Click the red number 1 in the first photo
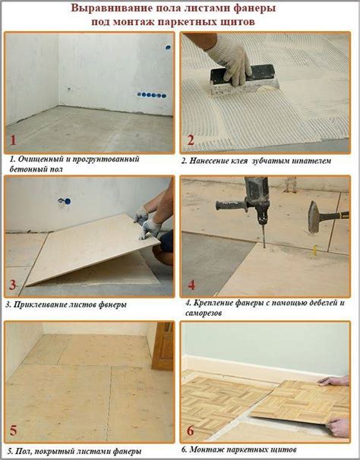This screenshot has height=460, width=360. click(13, 140)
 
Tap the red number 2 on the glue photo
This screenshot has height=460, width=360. click(191, 140)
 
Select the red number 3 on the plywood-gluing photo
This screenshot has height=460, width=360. click(13, 285)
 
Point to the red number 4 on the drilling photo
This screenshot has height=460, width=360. click(191, 285)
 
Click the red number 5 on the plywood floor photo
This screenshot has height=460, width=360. click(14, 430)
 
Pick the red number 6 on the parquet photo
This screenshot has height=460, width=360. click(191, 430)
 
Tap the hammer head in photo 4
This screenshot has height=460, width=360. click(314, 217)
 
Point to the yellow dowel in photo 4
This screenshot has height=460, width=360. click(314, 250)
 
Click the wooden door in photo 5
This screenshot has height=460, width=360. click(163, 345)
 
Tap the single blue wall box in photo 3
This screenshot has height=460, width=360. click(68, 201)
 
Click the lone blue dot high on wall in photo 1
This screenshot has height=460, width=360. click(169, 47)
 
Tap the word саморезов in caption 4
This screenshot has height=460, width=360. click(204, 313)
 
